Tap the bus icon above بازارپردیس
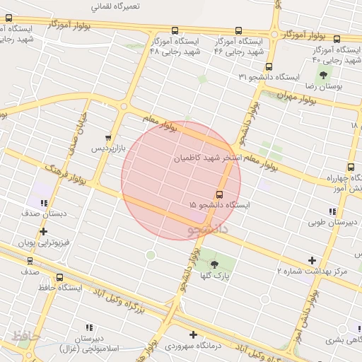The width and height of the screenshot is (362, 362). (107, 139)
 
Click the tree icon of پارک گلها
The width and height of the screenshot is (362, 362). (215, 264)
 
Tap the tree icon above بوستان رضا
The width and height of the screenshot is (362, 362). (323, 74)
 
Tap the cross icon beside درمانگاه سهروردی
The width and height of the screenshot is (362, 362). (193, 334)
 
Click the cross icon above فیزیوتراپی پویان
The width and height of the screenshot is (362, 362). (44, 231)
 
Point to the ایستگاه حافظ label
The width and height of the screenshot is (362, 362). (59, 288)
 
